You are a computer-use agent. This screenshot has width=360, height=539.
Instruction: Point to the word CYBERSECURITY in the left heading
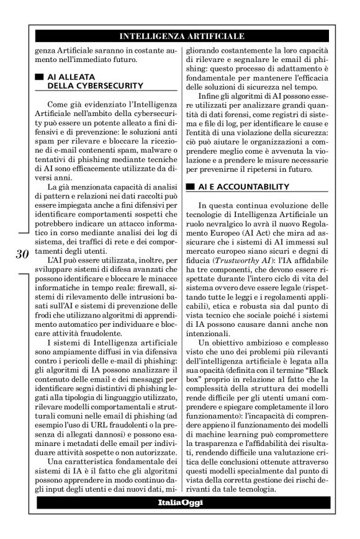(91, 84)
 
